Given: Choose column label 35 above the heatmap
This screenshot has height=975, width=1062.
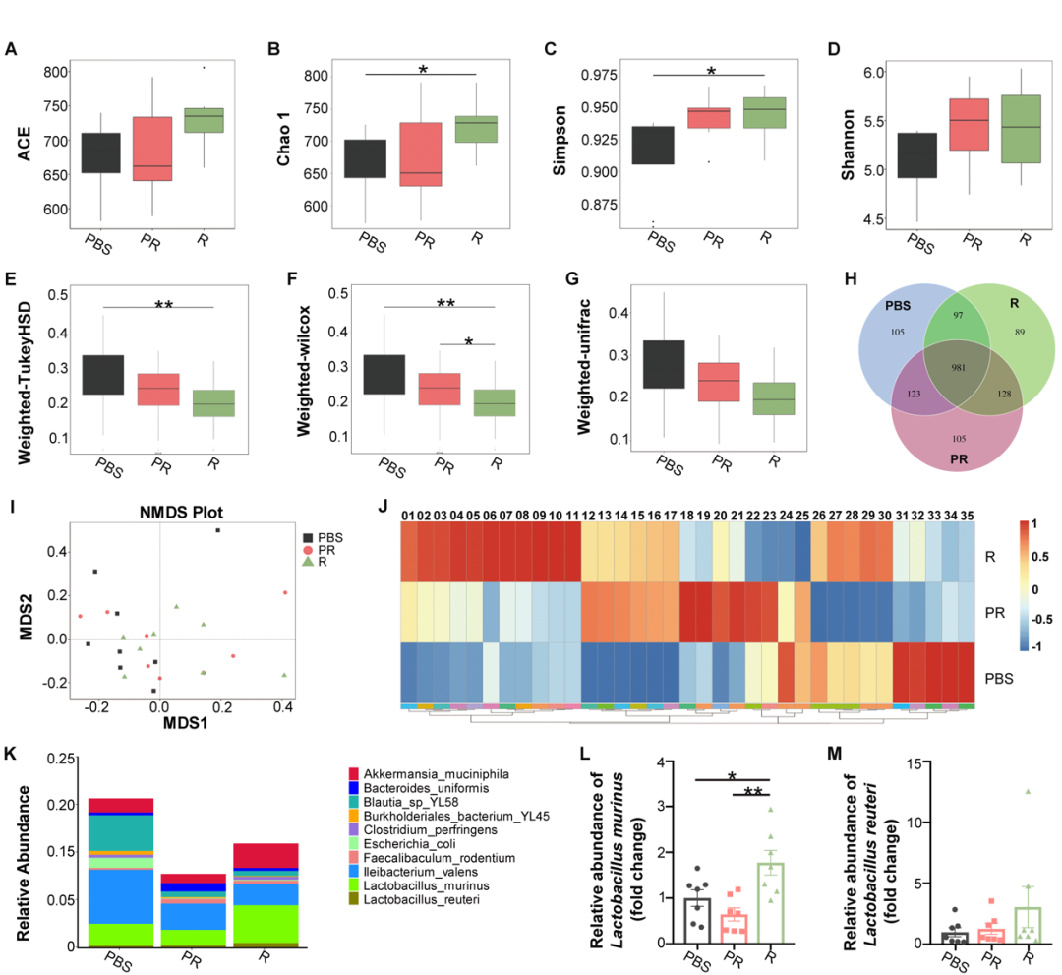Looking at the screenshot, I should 967,515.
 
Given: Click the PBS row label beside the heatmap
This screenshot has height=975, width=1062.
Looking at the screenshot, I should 999,678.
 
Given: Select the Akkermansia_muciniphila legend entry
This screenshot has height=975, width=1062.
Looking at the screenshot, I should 429,776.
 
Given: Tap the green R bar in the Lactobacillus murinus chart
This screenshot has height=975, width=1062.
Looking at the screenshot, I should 771,903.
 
